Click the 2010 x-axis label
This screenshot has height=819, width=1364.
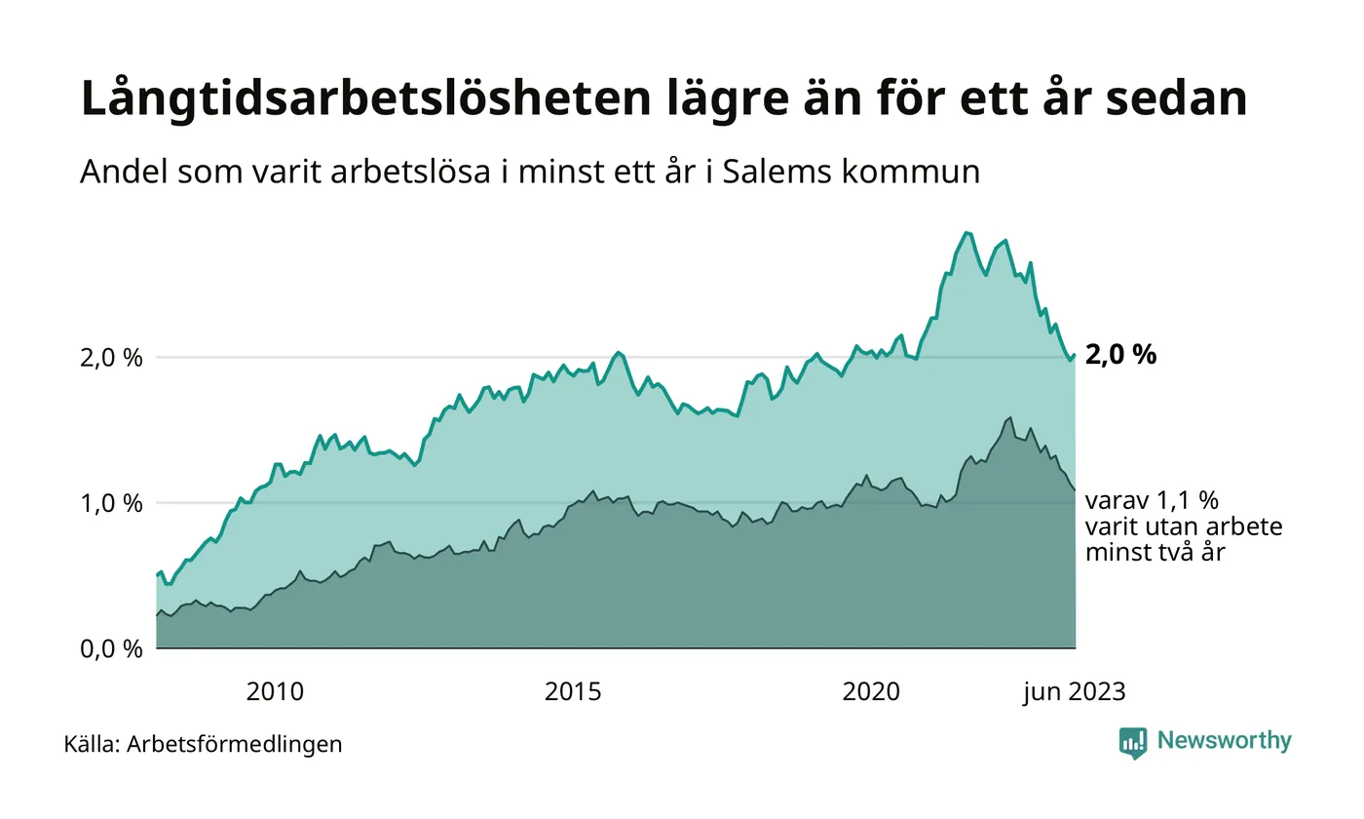point(275,692)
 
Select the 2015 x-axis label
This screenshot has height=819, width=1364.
point(573,692)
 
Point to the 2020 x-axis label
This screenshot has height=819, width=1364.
point(871,692)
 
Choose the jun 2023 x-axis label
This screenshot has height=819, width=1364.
point(1074,692)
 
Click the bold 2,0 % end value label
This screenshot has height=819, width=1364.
point(1120,356)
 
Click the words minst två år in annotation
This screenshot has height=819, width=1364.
point(1156,553)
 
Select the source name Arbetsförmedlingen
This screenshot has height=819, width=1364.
point(234,745)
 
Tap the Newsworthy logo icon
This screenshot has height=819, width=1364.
point(1133,743)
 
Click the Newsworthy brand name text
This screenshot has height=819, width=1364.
point(1224,741)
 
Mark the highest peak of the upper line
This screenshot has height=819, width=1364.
point(966,232)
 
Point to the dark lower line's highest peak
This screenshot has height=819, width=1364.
point(1009,417)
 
